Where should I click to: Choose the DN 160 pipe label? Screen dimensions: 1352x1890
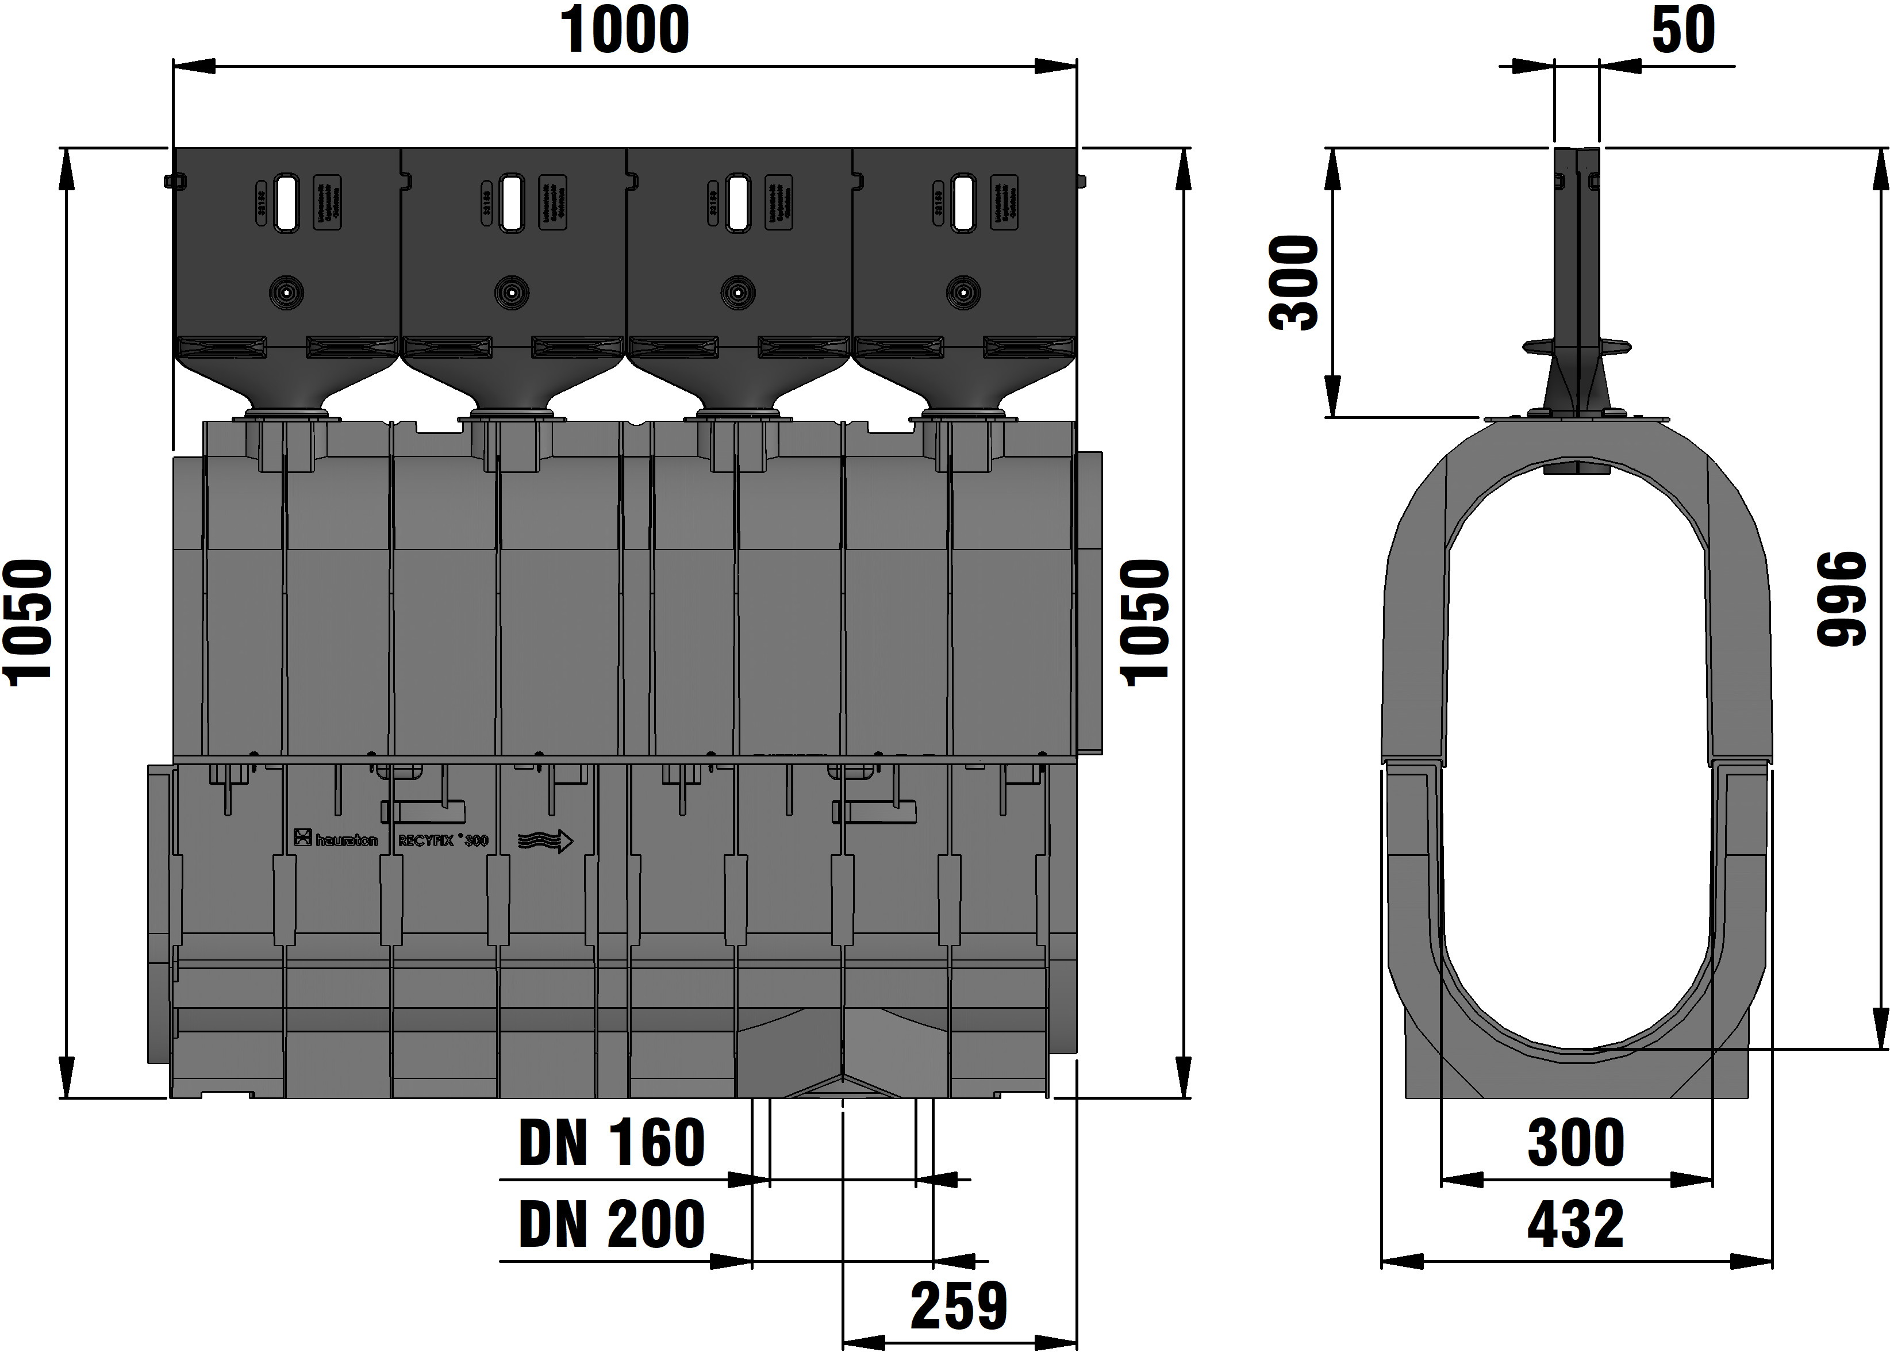click(x=612, y=1143)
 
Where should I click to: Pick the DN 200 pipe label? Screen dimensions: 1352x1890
click(x=612, y=1224)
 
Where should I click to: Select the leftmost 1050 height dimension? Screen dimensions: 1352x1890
click(x=30, y=623)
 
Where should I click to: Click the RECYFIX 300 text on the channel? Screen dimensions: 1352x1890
click(x=442, y=840)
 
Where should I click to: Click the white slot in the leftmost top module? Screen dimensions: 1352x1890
click(x=286, y=202)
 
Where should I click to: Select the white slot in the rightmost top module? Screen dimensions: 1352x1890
click(x=963, y=202)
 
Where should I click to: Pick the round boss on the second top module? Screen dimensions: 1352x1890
click(x=511, y=292)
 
